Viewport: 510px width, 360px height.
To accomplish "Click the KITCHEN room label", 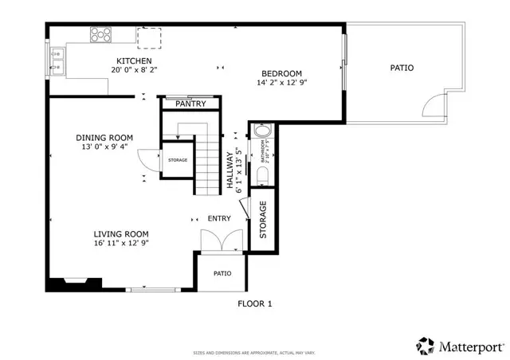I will pyautogui.click(x=134, y=61).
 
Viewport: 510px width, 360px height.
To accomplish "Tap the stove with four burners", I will pyautogui.click(x=101, y=34).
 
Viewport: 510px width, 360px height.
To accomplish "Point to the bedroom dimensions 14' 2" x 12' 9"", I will pyautogui.click(x=281, y=82).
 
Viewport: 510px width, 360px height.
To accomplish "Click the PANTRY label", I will pyautogui.click(x=190, y=104).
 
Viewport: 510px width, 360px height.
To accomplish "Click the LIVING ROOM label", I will pyautogui.click(x=121, y=233).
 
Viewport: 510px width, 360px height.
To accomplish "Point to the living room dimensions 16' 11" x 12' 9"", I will pyautogui.click(x=121, y=243).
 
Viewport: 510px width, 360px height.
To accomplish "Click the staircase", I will pyautogui.click(x=206, y=163).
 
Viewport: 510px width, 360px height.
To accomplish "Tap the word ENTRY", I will pyautogui.click(x=219, y=218).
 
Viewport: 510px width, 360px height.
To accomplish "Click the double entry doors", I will pyautogui.click(x=220, y=241).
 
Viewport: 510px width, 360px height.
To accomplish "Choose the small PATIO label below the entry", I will pyautogui.click(x=222, y=273).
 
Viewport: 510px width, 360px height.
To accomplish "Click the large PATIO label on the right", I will pyautogui.click(x=402, y=68).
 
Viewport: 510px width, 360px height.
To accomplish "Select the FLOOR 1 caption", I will pyautogui.click(x=255, y=303).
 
